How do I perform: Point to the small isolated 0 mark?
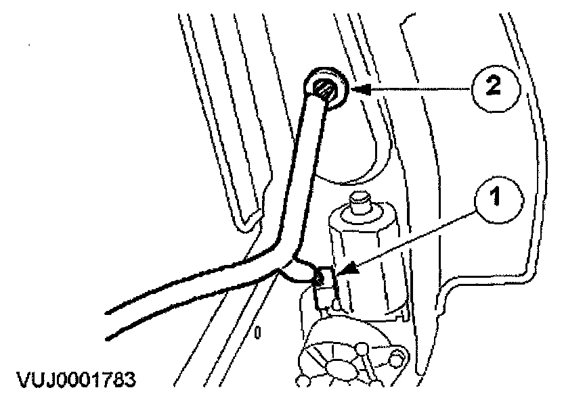coord(258,332)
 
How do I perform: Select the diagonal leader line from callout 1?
coord(413,237)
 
